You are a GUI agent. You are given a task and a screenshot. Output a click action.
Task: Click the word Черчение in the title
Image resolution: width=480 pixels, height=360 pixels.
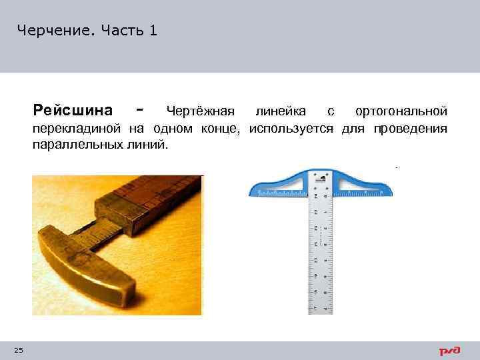pos(55,30)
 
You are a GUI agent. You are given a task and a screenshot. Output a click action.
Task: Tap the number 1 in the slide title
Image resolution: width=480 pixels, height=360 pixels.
pos(154,30)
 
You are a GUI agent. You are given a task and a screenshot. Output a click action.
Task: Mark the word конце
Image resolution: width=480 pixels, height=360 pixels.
pos(224,128)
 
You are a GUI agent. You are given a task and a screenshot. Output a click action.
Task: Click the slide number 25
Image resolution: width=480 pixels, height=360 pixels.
pos(18,351)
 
